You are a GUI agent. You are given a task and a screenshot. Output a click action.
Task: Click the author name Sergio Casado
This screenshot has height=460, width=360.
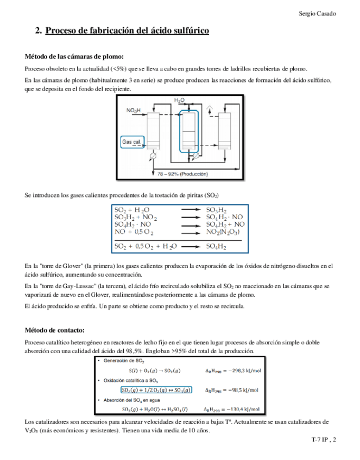pos(318,13)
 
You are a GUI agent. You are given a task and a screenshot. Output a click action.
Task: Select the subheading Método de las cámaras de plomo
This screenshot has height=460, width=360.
pos(74,56)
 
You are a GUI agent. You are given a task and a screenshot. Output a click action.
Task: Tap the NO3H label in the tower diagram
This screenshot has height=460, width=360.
pos(135,110)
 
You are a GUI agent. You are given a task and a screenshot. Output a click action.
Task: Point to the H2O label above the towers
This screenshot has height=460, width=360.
pos(179,101)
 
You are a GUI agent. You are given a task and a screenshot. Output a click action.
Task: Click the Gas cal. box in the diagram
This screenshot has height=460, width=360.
pos(132,141)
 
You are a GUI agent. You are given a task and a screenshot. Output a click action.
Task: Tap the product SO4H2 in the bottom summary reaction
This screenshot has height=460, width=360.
pos(216,245)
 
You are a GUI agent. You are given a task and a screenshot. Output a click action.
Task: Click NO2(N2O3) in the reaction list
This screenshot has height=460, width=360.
pos(223,232)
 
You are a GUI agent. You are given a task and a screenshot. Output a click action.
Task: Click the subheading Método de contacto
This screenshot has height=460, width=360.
pos(55,330)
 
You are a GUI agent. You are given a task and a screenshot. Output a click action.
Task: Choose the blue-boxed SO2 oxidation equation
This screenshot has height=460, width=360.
pos(156,389)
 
